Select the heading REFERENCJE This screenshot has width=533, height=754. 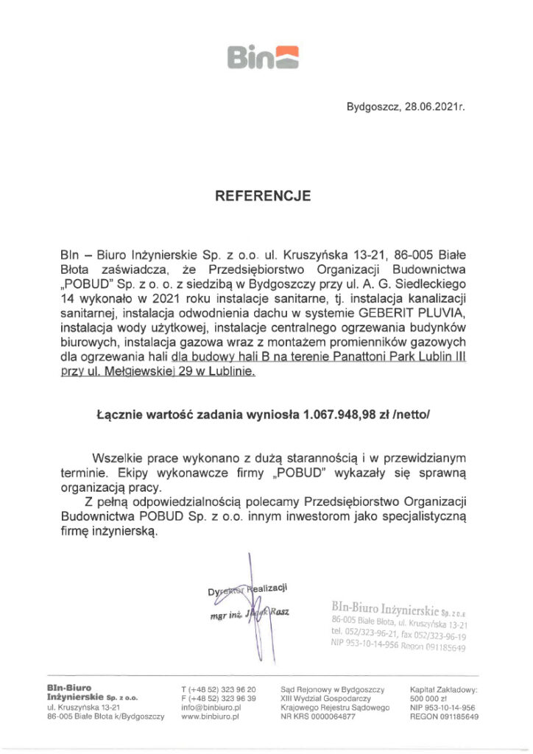262,196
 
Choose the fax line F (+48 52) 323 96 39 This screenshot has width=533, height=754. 218,697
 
